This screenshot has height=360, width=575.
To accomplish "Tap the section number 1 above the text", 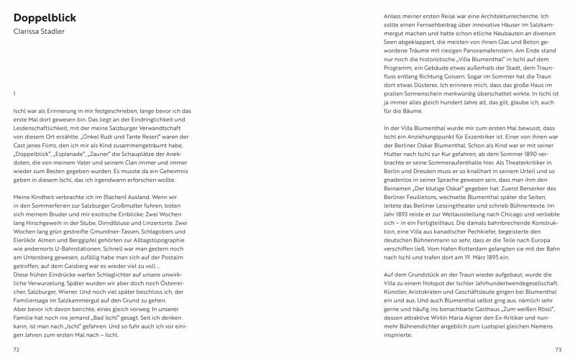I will coord(14,93).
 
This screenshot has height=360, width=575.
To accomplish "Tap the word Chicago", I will coord(512,213).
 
